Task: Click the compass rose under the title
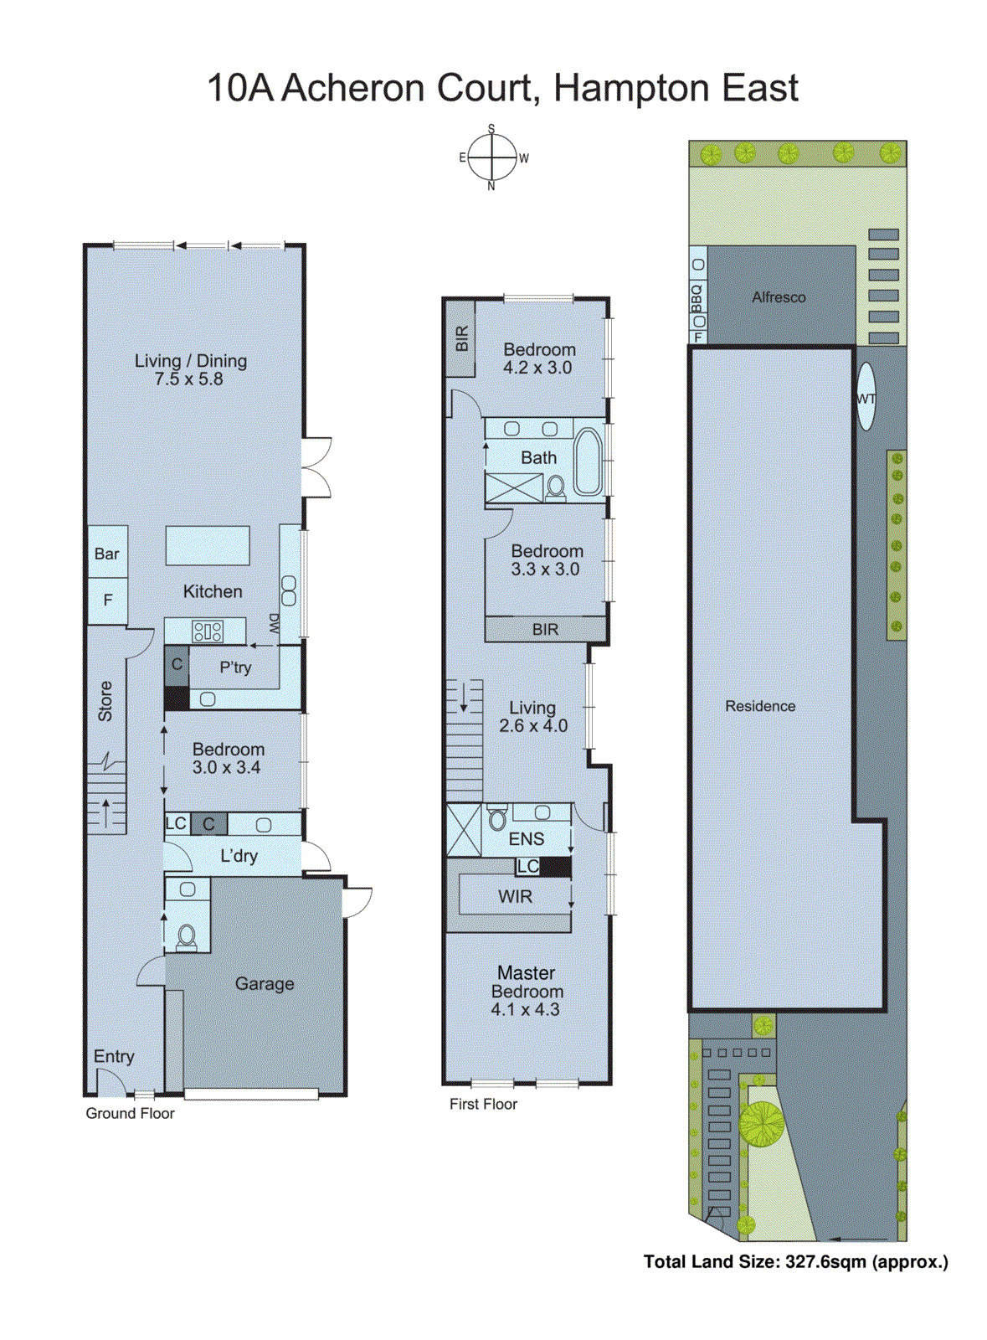tap(491, 157)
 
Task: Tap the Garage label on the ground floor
tap(265, 983)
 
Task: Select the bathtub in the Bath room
tap(587, 462)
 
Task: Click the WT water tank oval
tap(866, 397)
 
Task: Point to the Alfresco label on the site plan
tap(779, 297)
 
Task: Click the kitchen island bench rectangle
tap(208, 546)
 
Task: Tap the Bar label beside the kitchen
tap(106, 554)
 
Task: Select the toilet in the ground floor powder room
tap(187, 936)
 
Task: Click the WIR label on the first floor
tap(515, 897)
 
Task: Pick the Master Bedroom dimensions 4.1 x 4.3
tap(526, 1009)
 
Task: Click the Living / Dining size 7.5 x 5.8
tap(189, 379)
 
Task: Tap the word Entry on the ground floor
tap(114, 1056)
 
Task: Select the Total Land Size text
tap(795, 1261)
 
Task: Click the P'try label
tap(235, 667)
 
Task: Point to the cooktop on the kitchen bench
tap(207, 631)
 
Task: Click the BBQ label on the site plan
tap(697, 297)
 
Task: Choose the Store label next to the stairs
tap(105, 701)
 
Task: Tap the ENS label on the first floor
tap(527, 838)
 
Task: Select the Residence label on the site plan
tap(760, 706)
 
